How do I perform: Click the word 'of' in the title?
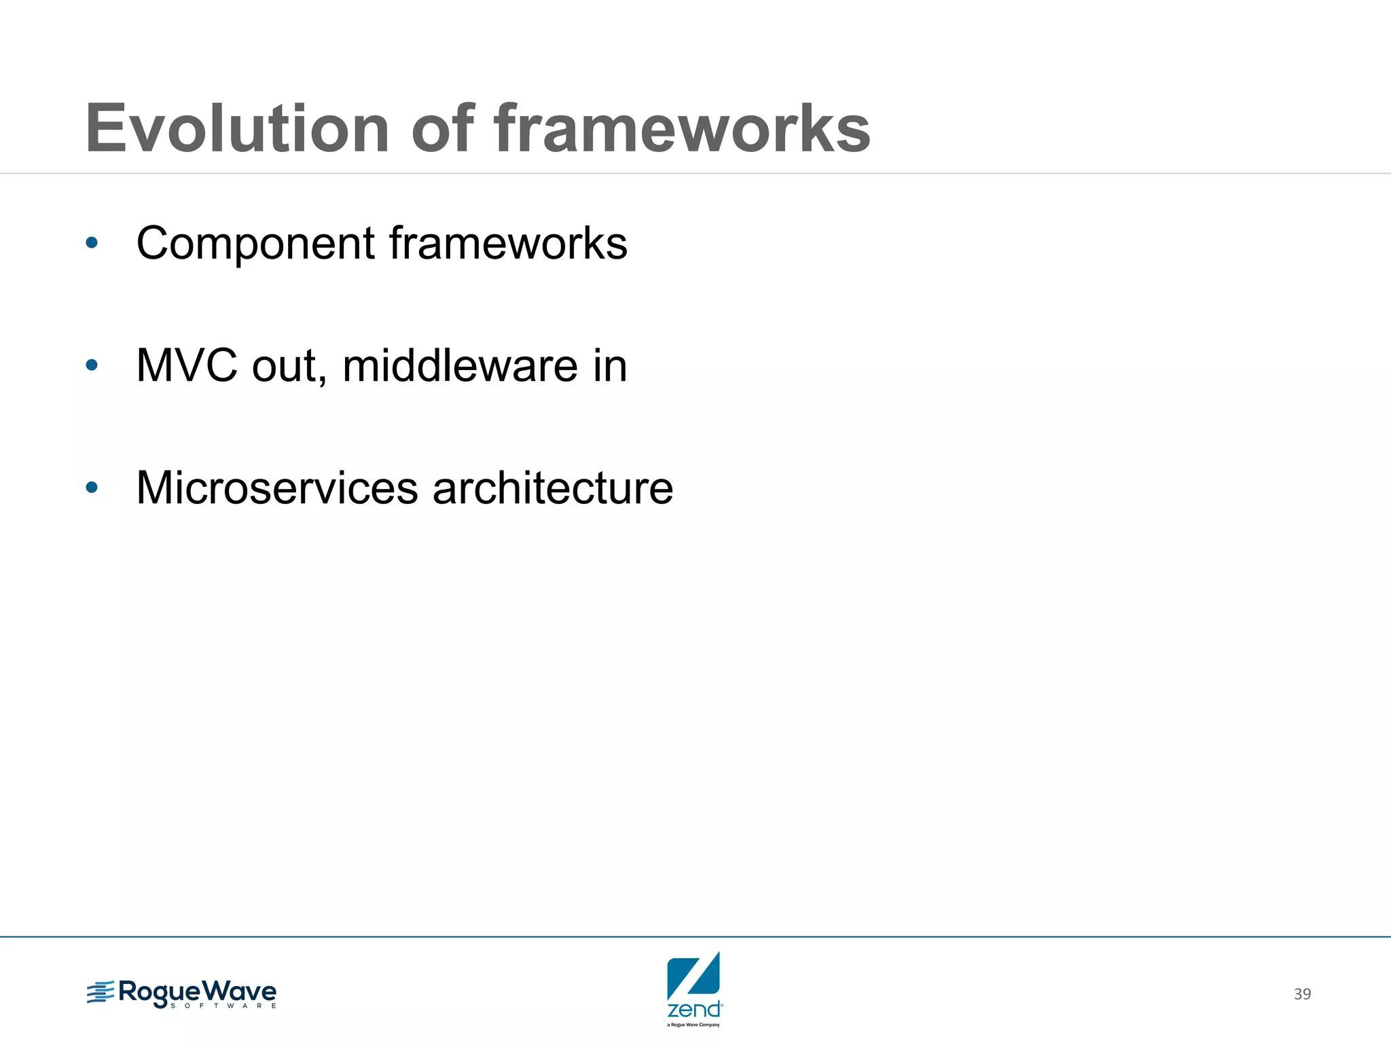point(442,129)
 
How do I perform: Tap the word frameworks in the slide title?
point(681,129)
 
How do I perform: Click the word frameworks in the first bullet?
point(508,243)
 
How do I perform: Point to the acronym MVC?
point(187,366)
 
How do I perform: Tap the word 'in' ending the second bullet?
point(610,366)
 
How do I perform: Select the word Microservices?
point(277,488)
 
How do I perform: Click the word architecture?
point(553,488)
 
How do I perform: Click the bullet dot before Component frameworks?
point(92,242)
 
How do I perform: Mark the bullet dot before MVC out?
point(92,366)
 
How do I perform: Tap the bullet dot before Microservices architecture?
point(92,488)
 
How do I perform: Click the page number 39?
point(1302,994)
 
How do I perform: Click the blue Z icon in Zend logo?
point(693,976)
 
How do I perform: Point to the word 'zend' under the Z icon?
point(693,1010)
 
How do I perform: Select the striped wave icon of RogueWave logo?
point(101,993)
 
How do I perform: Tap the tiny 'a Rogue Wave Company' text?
point(693,1025)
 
